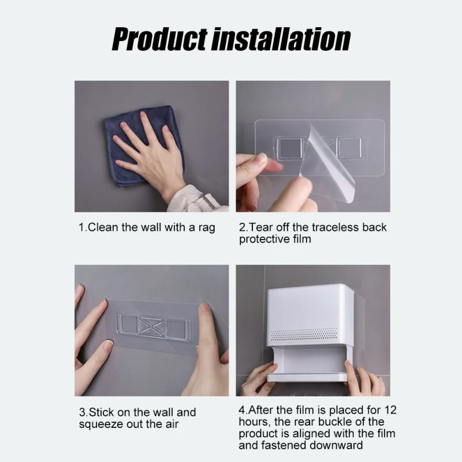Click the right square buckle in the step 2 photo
[x=350, y=148]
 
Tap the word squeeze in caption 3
[x=100, y=424]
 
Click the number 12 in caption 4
[x=390, y=410]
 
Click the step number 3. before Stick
[x=83, y=412]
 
